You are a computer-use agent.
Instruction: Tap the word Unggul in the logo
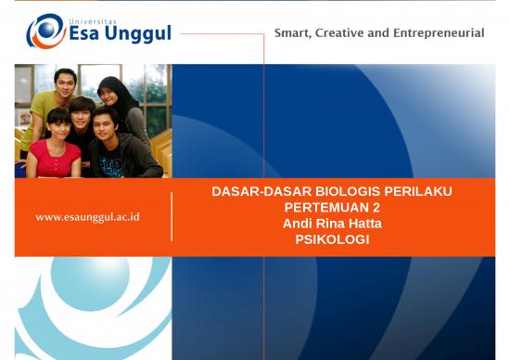pos(140,34)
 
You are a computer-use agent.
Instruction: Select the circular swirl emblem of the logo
pos(45,31)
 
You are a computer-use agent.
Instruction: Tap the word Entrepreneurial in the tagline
pos(441,32)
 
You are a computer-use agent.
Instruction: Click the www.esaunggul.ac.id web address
pos(87,217)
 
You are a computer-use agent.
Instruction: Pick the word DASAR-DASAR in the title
pos(245,192)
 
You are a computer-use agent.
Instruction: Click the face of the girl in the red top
pos(57,122)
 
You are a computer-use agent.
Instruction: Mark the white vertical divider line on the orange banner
pos(172,216)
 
